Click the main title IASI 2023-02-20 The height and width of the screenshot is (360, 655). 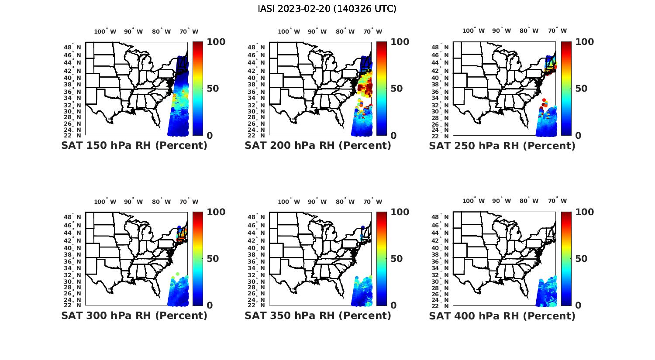[327, 9]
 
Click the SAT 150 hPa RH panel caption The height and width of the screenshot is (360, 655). [134, 146]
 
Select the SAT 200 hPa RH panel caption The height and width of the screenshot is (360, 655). [318, 146]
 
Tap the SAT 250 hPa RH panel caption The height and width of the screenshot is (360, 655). [502, 146]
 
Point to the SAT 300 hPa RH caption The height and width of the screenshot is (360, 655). [134, 315]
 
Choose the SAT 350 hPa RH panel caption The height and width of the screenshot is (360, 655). [318, 315]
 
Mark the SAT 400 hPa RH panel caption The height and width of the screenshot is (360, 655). [502, 315]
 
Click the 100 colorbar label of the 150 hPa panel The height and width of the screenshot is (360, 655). [216, 42]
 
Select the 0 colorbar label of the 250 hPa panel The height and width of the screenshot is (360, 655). [578, 135]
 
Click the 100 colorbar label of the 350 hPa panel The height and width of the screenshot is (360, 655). [400, 212]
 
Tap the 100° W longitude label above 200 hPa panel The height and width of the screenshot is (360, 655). [289, 31]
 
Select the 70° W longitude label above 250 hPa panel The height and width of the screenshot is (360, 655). [558, 31]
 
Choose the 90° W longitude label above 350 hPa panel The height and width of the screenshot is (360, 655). [317, 202]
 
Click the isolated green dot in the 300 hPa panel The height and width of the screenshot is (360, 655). [178, 274]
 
